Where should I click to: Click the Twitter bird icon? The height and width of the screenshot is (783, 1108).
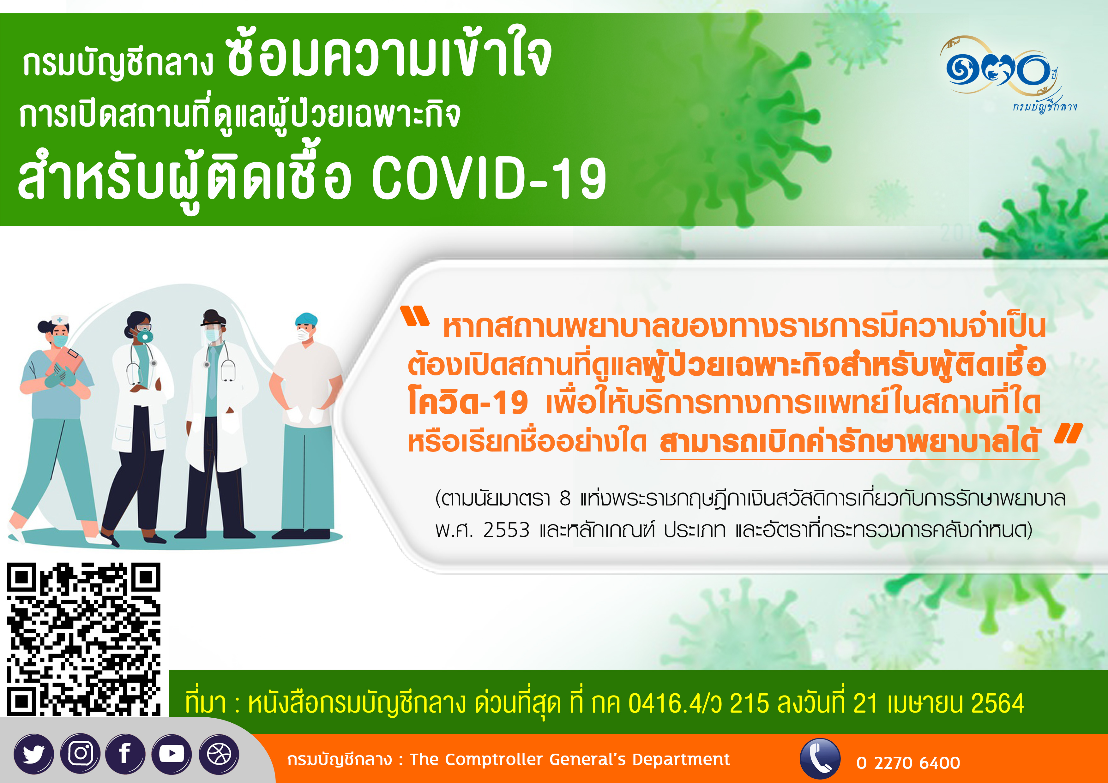coord(34,754)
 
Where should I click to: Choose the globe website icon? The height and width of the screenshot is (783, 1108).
coord(219,754)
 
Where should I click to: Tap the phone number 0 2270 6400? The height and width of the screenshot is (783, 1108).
coord(908,763)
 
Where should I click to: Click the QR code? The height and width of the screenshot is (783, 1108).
coord(83,639)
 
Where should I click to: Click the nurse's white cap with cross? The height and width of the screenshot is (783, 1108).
coord(60,320)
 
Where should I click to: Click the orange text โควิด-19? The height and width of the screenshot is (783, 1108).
coord(468,402)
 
